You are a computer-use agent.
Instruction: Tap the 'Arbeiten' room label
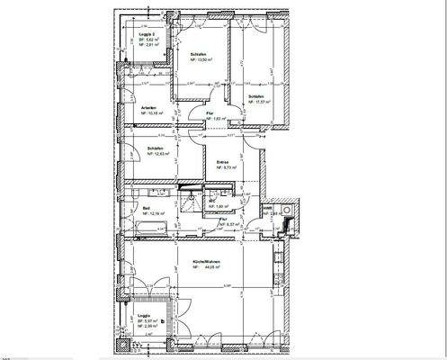click(138, 107)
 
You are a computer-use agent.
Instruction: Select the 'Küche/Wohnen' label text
click(207, 262)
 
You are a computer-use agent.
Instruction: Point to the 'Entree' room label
click(222, 162)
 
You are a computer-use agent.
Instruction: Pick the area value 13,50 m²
click(201, 61)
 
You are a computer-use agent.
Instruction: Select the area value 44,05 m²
click(210, 268)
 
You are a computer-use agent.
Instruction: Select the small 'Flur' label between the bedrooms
click(210, 113)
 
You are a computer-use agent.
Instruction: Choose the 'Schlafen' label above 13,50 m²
click(198, 55)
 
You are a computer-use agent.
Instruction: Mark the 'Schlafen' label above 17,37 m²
click(256, 96)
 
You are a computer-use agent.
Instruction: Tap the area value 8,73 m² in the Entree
click(225, 168)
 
